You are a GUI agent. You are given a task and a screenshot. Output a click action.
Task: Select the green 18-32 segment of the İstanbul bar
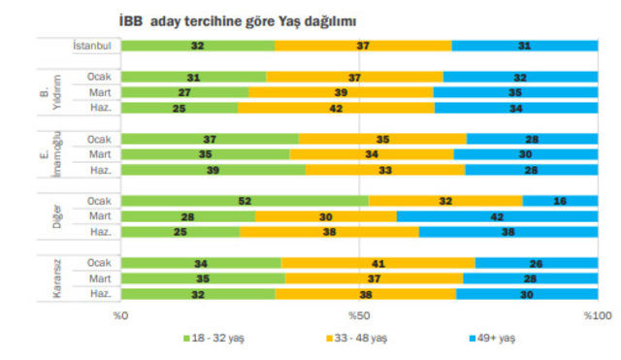[x=197, y=46]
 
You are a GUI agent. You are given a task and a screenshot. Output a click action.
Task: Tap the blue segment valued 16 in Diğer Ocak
[x=560, y=201]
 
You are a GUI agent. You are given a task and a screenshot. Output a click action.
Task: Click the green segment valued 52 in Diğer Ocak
[x=245, y=201]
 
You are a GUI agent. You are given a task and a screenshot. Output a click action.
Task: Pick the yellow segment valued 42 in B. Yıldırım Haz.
[x=336, y=108]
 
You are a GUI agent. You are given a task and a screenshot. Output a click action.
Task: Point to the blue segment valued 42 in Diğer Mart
[x=497, y=216]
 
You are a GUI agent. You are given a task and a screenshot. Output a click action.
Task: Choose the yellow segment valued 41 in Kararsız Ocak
[x=377, y=263]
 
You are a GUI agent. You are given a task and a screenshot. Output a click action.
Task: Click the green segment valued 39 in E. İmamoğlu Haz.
[x=213, y=170]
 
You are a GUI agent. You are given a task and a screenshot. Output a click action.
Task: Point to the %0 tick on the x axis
[x=120, y=315]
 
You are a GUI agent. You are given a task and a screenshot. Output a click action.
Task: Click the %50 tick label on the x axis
[x=359, y=315]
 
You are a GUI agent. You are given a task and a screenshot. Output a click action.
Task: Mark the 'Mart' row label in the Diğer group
[x=97, y=216]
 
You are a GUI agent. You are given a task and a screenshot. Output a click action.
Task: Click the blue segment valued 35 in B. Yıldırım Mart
[x=515, y=92]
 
